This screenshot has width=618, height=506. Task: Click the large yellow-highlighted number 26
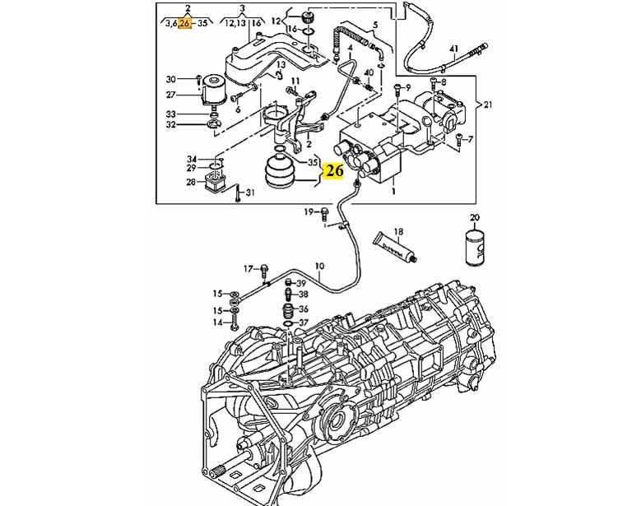(333, 170)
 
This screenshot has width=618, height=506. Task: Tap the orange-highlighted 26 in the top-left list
(184, 23)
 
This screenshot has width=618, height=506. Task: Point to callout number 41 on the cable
(454, 49)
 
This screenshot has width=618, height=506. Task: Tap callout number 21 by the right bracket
(488, 104)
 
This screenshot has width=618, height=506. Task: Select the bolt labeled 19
(325, 213)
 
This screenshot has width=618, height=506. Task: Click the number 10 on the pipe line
(319, 267)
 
